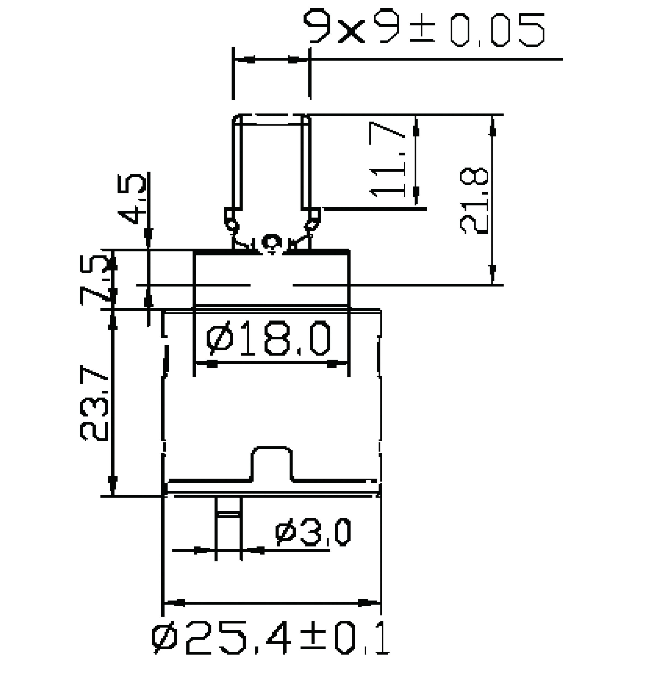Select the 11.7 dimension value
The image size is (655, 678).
click(387, 160)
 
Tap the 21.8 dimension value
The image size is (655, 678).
click(474, 201)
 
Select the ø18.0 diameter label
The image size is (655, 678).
click(268, 338)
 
